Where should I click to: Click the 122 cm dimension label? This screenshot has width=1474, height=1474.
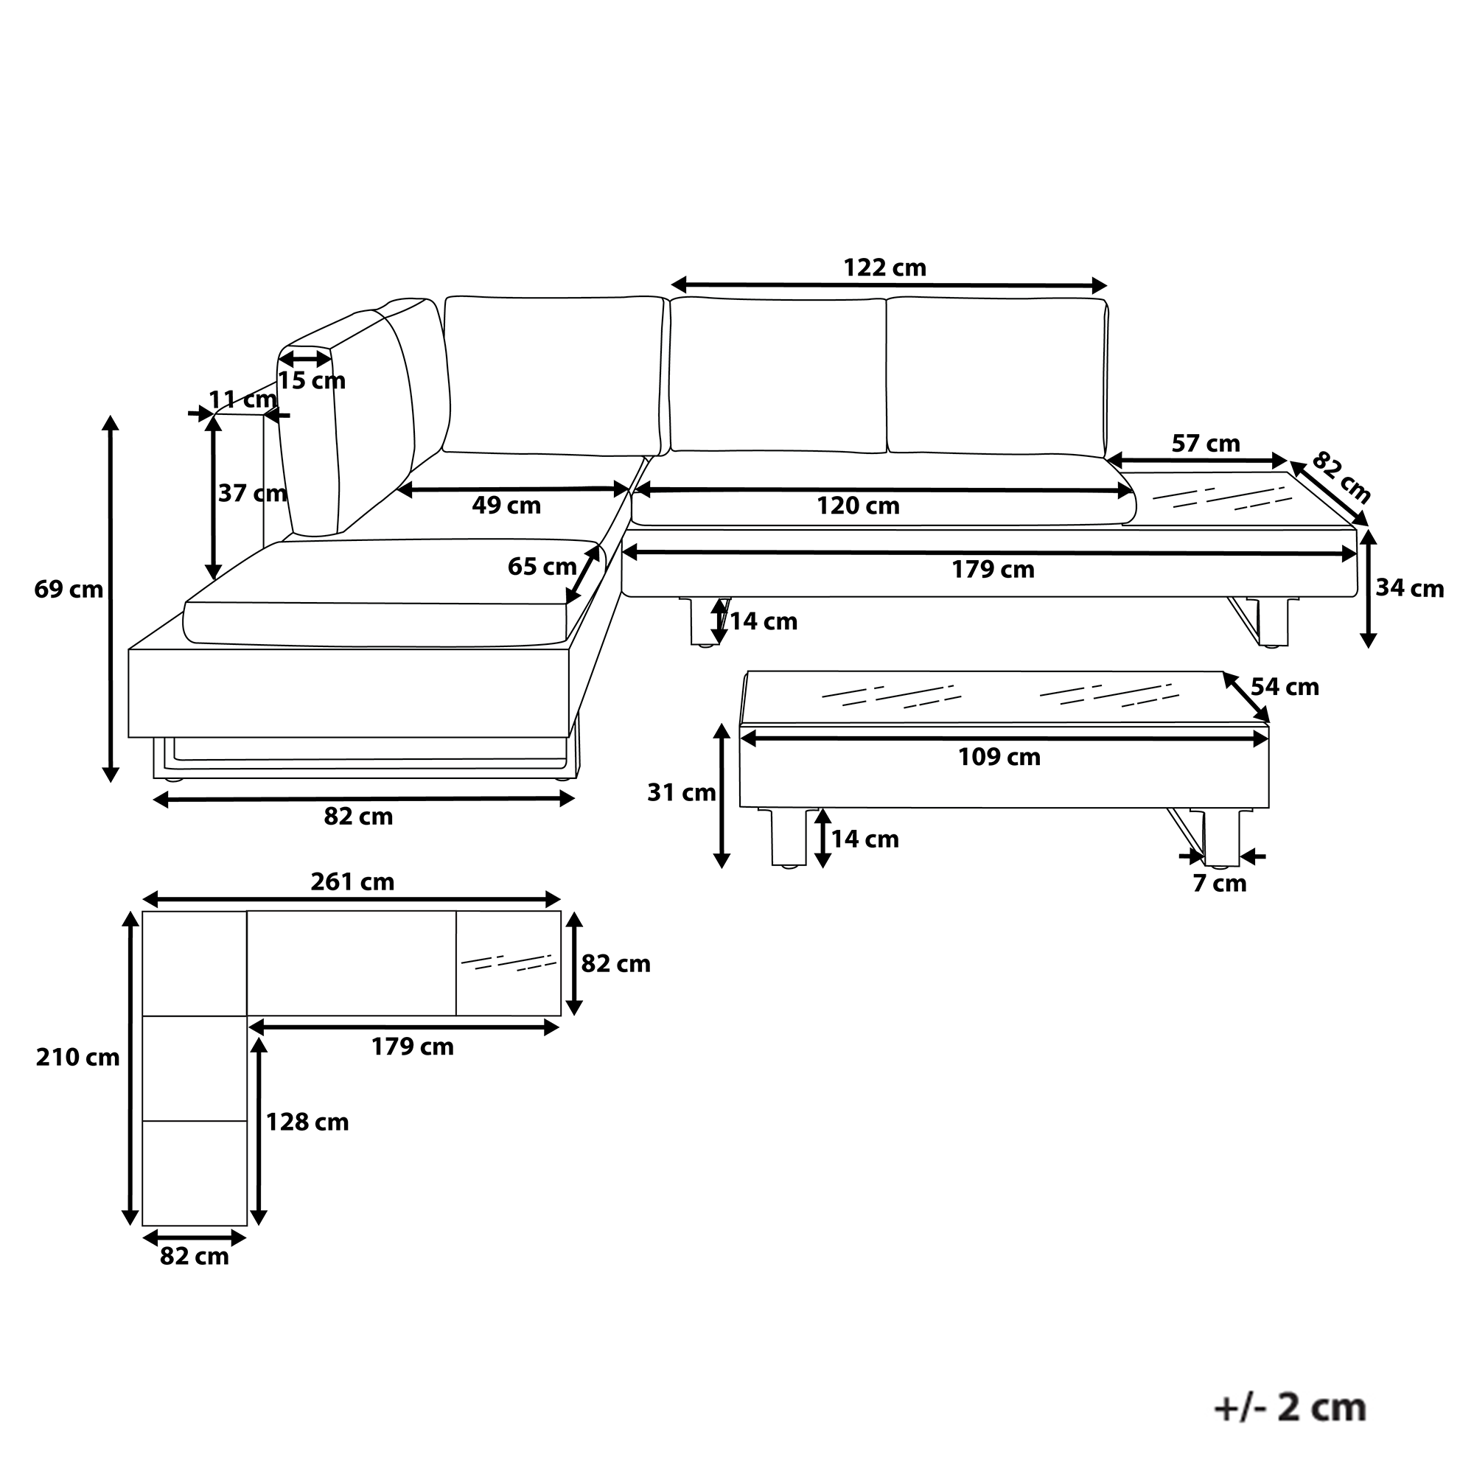pyautogui.click(x=884, y=268)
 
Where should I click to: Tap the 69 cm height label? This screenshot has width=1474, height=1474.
pyautogui.click(x=69, y=590)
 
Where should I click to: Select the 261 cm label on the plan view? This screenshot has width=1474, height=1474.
pyautogui.click(x=352, y=882)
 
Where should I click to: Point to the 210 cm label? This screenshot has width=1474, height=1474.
pyautogui.click(x=78, y=1058)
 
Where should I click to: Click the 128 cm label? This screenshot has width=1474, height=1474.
pyautogui.click(x=307, y=1122)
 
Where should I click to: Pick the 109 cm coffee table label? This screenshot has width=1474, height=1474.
pyautogui.click(x=999, y=757)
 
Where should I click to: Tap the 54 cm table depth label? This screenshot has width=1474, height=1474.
pyautogui.click(x=1285, y=688)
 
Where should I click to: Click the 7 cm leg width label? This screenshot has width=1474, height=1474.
pyautogui.click(x=1219, y=884)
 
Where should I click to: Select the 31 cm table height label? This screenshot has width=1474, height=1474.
pyautogui.click(x=681, y=794)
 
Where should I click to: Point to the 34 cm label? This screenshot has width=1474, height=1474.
pyautogui.click(x=1410, y=588)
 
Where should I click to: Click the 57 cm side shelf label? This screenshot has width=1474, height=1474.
pyautogui.click(x=1206, y=443)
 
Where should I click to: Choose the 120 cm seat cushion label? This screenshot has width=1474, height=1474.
pyautogui.click(x=859, y=506)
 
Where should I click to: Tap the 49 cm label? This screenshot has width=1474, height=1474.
pyautogui.click(x=506, y=505)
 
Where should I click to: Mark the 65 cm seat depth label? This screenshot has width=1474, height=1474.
pyautogui.click(x=542, y=567)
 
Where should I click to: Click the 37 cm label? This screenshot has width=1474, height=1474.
pyautogui.click(x=253, y=494)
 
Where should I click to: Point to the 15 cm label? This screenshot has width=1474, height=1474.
pyautogui.click(x=311, y=381)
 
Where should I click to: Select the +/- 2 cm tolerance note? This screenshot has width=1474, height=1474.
pyautogui.click(x=1289, y=1408)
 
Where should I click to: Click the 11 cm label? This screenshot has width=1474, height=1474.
pyautogui.click(x=242, y=399)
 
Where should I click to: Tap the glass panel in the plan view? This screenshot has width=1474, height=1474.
pyautogui.click(x=508, y=963)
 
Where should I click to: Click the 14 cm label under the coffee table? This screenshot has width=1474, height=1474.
pyautogui.click(x=865, y=839)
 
